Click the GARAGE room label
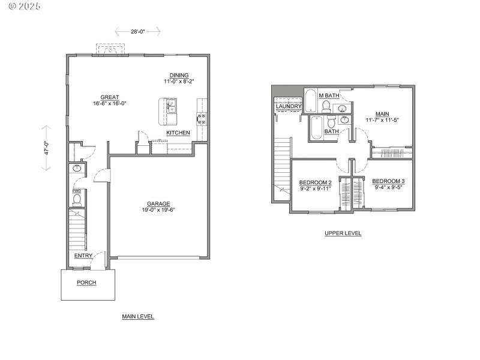(x=159, y=203)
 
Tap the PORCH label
(x=86, y=282)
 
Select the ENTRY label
(x=83, y=256)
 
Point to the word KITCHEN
(x=178, y=133)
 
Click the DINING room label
(x=179, y=75)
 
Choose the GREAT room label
(x=110, y=97)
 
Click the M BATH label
(x=329, y=96)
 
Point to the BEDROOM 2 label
(x=316, y=182)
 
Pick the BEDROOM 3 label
(x=388, y=181)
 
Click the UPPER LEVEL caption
(x=343, y=233)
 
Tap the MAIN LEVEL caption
(x=137, y=316)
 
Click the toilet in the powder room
(x=77, y=200)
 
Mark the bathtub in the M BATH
(x=311, y=101)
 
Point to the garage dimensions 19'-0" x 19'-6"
(x=159, y=210)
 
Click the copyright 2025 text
(x=20, y=7)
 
